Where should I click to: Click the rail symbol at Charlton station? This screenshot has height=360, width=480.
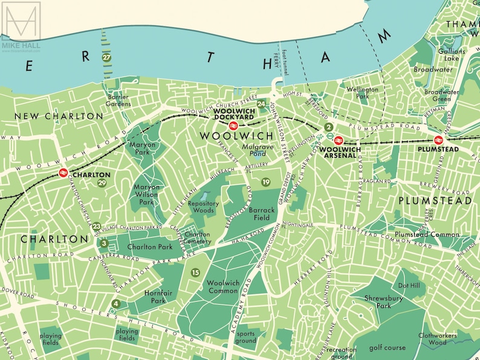pos(62,174)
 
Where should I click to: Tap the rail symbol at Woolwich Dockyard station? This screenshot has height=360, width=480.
pos(233,127)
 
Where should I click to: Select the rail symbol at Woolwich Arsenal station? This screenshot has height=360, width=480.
pos(339,140)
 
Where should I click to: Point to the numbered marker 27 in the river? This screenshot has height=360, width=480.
pos(107,57)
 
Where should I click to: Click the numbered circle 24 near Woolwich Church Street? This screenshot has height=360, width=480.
pos(261,104)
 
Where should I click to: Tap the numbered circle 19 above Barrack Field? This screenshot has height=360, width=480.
pos(266,182)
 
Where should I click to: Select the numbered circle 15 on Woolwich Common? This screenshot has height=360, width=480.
pos(195,273)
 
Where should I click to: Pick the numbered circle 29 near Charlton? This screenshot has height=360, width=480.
pos(102,183)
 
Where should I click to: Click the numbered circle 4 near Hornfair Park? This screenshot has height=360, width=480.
pos(115,303)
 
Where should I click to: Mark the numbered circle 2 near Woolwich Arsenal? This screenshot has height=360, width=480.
pos(328,127)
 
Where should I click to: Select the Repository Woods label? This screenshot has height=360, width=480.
pos(203,208)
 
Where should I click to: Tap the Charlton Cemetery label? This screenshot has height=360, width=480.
pos(198,239)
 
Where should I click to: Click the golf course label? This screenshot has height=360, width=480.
pos(383,347)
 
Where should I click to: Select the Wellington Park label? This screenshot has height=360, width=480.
pos(362,92)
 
